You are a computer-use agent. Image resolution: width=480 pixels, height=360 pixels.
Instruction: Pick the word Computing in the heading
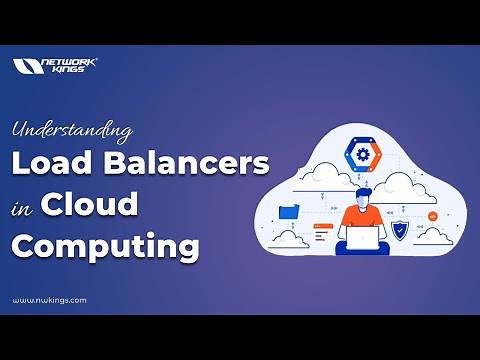click(x=105, y=245)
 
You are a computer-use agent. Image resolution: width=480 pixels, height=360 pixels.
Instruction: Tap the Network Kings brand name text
click(x=70, y=66)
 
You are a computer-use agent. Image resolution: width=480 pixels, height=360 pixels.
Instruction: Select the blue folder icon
click(x=290, y=211)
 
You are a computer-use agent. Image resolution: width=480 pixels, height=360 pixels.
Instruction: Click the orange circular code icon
click(x=432, y=215)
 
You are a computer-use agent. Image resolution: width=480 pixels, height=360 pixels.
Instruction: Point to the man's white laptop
click(x=362, y=239)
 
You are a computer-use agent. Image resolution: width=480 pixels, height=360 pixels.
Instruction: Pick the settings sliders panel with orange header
click(x=323, y=232)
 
